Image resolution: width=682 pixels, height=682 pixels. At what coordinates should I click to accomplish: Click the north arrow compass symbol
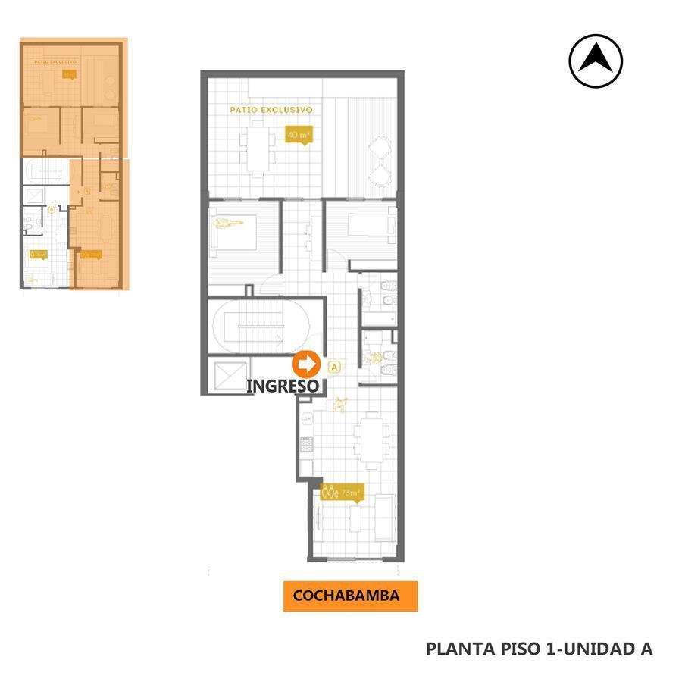tap(596, 61)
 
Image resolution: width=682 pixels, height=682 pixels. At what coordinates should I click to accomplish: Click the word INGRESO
tap(283, 386)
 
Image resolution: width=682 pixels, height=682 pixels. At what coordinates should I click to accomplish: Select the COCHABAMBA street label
tap(346, 596)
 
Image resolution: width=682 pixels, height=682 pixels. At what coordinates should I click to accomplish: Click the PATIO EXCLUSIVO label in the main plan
tap(271, 110)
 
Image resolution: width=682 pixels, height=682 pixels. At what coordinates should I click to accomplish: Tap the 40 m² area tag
tap(298, 136)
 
